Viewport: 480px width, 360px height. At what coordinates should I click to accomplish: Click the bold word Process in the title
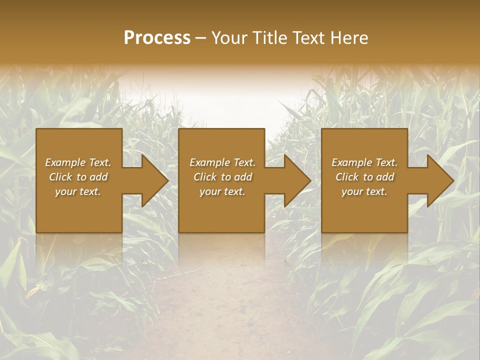pos(157,37)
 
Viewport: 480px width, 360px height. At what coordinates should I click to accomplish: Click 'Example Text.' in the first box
pos(78,162)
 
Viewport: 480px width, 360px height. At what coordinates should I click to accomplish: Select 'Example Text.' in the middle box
pos(222,162)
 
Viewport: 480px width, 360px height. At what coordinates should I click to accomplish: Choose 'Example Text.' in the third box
pos(364,162)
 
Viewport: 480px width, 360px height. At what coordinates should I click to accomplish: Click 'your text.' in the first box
pos(78,191)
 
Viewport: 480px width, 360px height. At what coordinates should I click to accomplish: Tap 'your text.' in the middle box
pos(222,191)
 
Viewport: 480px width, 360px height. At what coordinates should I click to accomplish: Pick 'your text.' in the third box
pos(364,191)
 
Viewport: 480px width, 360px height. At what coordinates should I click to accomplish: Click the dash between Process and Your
pos(201,38)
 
